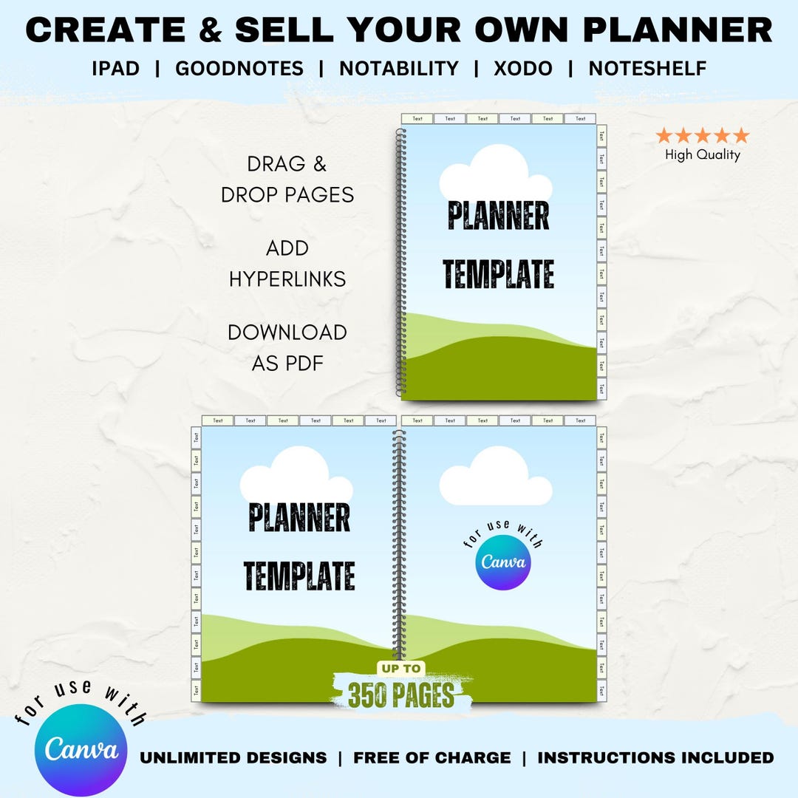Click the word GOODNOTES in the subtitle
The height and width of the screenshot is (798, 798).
239,69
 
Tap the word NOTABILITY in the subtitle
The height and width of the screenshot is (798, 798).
399,69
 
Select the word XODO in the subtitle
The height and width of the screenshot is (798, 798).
523,69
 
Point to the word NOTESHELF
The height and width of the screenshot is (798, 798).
647,69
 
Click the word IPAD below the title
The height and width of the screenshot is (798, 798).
115,69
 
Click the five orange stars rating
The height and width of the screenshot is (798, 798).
702,136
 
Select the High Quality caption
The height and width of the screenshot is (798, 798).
702,154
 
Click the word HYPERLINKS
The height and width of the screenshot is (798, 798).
287,279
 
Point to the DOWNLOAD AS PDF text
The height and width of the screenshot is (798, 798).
287,347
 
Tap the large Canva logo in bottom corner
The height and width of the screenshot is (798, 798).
81,749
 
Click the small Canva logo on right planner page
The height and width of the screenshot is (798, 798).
503,562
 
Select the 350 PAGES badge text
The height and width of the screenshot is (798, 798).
401,695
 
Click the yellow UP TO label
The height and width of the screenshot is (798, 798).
401,669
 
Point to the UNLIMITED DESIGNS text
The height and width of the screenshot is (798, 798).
233,757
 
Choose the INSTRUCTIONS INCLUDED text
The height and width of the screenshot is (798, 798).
655,757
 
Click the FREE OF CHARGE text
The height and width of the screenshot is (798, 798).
432,757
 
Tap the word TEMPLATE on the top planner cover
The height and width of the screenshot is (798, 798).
499,274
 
